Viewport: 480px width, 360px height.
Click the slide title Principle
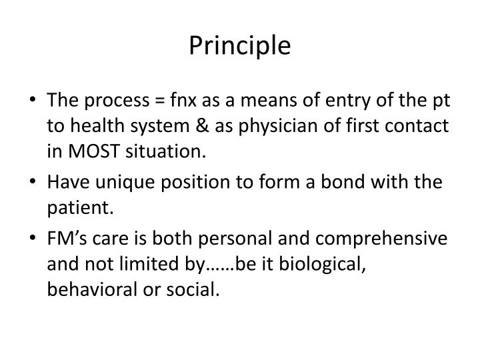pos(240,46)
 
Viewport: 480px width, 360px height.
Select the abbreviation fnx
pos(183,99)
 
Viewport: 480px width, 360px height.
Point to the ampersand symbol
pos(202,125)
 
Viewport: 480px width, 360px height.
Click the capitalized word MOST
pos(94,151)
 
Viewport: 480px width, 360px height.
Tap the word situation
pos(165,151)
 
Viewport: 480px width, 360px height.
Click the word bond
pos(343,182)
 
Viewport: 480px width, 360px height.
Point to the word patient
pos(80,208)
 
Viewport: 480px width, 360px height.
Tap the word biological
pos(323,265)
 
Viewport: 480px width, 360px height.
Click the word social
pos(193,289)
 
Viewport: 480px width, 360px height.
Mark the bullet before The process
pos(33,99)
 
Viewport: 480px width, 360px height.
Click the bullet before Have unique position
pos(33,181)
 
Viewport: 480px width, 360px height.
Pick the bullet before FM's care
pos(33,237)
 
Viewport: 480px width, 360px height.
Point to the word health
pos(97,125)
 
